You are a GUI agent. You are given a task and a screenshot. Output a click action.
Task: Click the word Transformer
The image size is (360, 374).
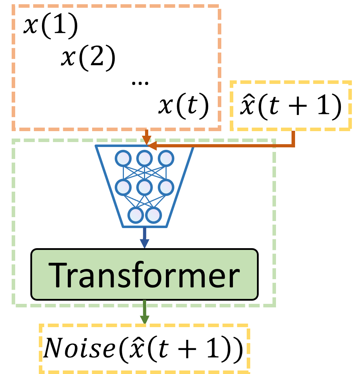tap(144, 275)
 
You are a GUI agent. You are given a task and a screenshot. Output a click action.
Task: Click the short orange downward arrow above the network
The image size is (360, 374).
tap(146, 136)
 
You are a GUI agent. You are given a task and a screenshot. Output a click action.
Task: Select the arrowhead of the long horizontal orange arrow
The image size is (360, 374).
tap(152, 146)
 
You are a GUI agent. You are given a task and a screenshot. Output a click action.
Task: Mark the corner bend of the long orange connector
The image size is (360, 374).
tap(293, 145)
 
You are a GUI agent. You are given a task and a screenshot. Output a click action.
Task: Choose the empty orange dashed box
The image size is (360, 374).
tap(116, 67)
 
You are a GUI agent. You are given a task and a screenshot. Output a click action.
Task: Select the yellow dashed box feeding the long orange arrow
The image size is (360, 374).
tap(291, 105)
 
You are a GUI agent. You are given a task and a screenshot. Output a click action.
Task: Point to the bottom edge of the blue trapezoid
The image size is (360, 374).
tap(145, 227)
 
